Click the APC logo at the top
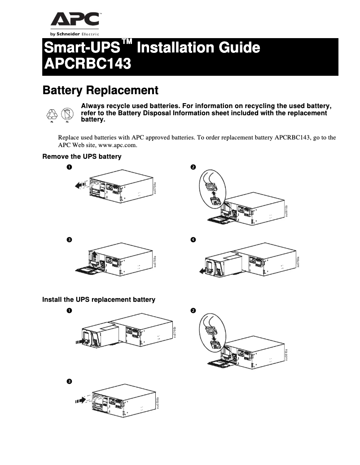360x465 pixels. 75,20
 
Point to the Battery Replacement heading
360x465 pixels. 100,90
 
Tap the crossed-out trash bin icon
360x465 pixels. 66,114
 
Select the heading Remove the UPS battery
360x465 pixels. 82,156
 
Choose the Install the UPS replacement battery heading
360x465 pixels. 98,299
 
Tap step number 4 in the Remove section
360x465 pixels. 193,239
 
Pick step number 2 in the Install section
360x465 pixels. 193,311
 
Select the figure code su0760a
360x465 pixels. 298,261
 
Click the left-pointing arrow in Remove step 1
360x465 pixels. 80,184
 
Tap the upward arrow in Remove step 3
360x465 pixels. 94,256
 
